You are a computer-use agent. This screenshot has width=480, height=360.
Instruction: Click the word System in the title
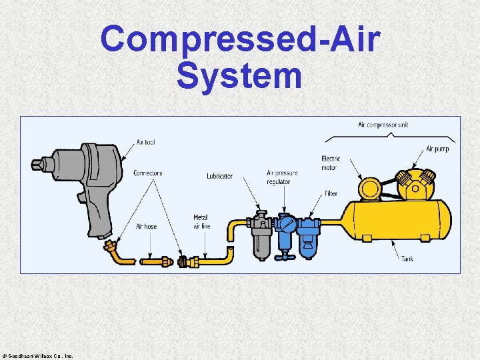[x=239, y=76]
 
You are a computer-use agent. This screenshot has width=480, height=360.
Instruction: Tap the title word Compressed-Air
[x=240, y=40]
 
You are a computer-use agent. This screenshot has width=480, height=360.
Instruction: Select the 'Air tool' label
[x=145, y=142]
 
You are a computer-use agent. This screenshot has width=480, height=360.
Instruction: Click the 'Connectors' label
[x=147, y=173]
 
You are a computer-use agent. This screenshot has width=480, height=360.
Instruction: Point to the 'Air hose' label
[x=146, y=227]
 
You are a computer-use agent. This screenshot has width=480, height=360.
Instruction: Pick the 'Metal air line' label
[x=200, y=222]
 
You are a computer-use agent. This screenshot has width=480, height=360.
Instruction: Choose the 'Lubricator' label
[x=219, y=176]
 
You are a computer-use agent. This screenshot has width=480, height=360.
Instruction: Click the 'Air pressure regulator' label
[x=281, y=177]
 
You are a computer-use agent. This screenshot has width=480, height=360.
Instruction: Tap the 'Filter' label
[x=331, y=194]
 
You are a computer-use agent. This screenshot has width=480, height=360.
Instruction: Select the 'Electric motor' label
[x=331, y=163]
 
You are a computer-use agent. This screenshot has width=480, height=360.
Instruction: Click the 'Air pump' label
[x=437, y=149]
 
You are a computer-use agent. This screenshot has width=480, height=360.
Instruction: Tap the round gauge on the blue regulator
[x=287, y=224]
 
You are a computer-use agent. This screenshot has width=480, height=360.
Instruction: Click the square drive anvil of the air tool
[x=36, y=163]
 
